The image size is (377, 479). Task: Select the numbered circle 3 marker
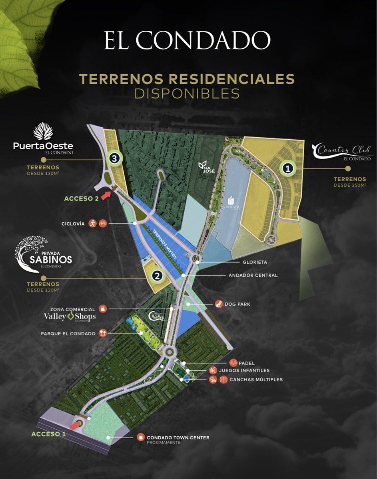115,159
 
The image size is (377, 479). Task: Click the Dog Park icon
218,304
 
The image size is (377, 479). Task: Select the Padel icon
233,363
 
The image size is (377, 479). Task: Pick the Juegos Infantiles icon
213,371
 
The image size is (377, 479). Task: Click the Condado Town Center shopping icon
140,437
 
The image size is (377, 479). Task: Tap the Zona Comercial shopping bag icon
103,309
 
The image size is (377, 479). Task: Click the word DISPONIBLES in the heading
187,93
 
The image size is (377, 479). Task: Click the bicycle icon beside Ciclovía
102,223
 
